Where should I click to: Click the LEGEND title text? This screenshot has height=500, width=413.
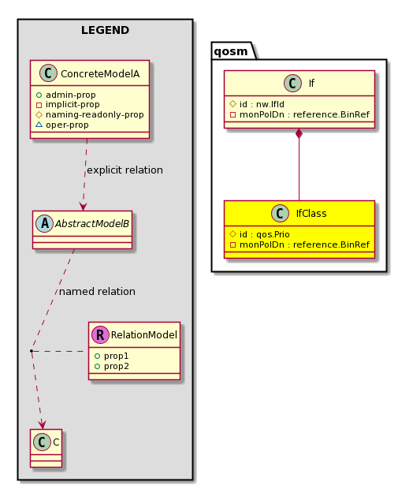coord(105,30)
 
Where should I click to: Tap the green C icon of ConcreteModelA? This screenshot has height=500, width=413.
coord(48,73)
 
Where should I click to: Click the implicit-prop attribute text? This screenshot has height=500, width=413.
coord(73,105)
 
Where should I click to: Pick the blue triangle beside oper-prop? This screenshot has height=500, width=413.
coord(39,125)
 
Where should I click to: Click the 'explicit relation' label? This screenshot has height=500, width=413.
coord(125,170)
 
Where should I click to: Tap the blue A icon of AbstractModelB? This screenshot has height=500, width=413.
coord(45,223)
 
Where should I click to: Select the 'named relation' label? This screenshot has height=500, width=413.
coord(97,292)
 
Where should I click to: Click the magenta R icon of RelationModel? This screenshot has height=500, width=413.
coord(100,334)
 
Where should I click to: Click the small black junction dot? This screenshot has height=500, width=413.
coord(32,351)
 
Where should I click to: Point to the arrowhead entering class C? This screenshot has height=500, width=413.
coord(42,425)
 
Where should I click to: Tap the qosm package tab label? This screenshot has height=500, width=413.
coord(230,51)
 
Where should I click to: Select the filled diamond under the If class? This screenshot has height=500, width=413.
coord(299,133)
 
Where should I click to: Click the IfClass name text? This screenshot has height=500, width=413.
coord(311,214)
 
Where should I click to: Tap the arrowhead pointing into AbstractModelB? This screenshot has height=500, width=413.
coord(83,207)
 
